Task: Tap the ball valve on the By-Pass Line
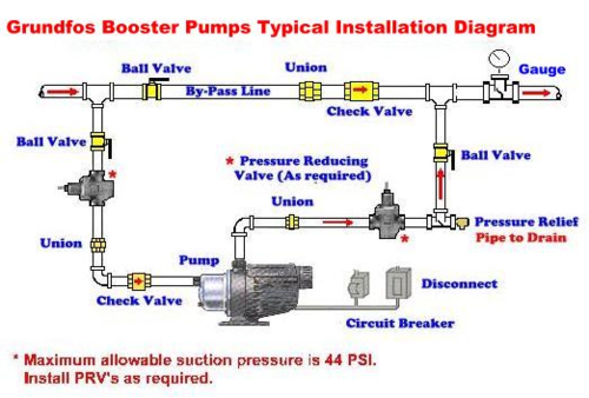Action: coord(152,91)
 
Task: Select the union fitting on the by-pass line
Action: coord(310,91)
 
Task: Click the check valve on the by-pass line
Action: coord(361,91)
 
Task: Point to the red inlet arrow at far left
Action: coord(62,92)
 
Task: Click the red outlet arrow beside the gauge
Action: coord(536,93)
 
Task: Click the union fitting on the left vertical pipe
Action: coord(98,244)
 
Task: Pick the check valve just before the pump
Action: coord(139,281)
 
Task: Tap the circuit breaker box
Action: coord(358,284)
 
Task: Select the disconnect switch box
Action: coord(398,283)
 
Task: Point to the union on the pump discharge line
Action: coord(291,222)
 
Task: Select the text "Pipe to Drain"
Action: coord(521,238)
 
